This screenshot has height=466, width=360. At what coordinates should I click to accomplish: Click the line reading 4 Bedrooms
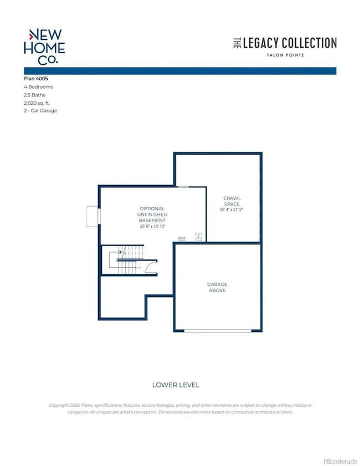point(39,87)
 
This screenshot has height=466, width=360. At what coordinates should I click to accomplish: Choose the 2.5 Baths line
point(35,95)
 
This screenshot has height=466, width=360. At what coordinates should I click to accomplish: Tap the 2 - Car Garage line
point(40,110)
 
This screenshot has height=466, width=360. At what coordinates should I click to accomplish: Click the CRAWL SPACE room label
point(232,201)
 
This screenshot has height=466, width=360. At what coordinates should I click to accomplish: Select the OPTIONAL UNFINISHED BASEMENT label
point(152,214)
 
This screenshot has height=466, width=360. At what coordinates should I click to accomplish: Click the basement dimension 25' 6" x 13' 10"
point(152,226)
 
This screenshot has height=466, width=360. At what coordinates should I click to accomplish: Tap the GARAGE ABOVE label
point(217,287)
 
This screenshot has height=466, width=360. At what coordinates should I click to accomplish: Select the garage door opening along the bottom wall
point(217,331)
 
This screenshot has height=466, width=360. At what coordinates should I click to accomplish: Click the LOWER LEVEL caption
point(175,385)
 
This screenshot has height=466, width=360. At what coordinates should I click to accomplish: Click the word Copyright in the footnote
point(60,405)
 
